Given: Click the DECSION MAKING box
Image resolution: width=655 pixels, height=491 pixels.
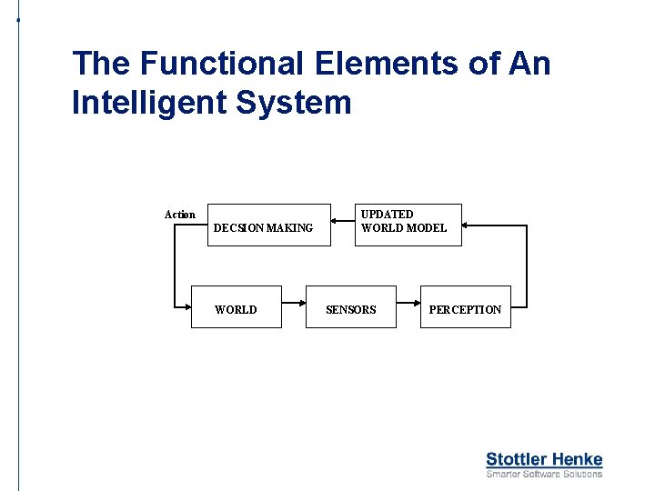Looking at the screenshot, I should [x=262, y=225].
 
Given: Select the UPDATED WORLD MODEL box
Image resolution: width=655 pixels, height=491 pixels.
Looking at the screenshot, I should [x=408, y=225].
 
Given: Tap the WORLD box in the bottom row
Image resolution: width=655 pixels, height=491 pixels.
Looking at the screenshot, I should [x=236, y=306].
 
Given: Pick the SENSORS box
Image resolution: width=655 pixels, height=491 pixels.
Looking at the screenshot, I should [x=351, y=306].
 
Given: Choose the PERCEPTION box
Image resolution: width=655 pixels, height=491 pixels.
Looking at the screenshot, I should [x=465, y=306].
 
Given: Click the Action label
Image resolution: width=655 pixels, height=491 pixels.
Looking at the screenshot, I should [x=179, y=215].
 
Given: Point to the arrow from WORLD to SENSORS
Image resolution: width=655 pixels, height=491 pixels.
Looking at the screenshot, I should [x=293, y=306].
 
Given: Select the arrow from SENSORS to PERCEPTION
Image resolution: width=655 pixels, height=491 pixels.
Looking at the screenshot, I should [x=408, y=306].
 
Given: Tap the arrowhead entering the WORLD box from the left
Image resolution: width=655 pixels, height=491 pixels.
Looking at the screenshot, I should [x=185, y=307].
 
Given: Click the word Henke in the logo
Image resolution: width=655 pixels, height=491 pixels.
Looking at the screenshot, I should [x=575, y=459].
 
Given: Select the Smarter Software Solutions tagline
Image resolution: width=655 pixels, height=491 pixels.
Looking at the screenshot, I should [x=544, y=474].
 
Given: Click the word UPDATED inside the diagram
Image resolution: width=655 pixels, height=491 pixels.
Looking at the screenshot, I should [x=388, y=215].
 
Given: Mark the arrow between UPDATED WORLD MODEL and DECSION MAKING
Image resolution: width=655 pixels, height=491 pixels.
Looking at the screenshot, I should [x=343, y=225].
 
